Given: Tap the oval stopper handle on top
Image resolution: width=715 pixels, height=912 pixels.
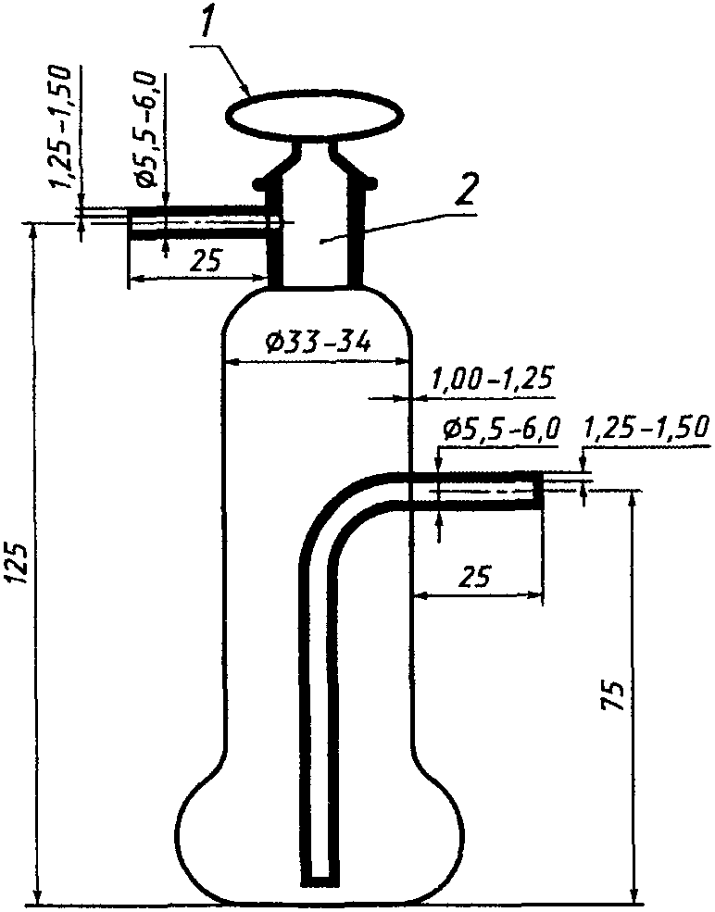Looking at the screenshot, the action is tap(314, 115).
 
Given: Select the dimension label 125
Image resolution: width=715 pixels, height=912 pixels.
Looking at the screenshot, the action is tap(19, 562).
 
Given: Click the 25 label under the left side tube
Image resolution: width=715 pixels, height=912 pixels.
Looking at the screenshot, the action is tap(206, 261).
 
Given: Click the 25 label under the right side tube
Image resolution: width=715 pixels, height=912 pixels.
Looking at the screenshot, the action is tap(475, 576).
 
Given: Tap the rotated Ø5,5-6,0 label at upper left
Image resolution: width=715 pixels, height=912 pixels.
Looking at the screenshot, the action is tap(145, 129).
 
